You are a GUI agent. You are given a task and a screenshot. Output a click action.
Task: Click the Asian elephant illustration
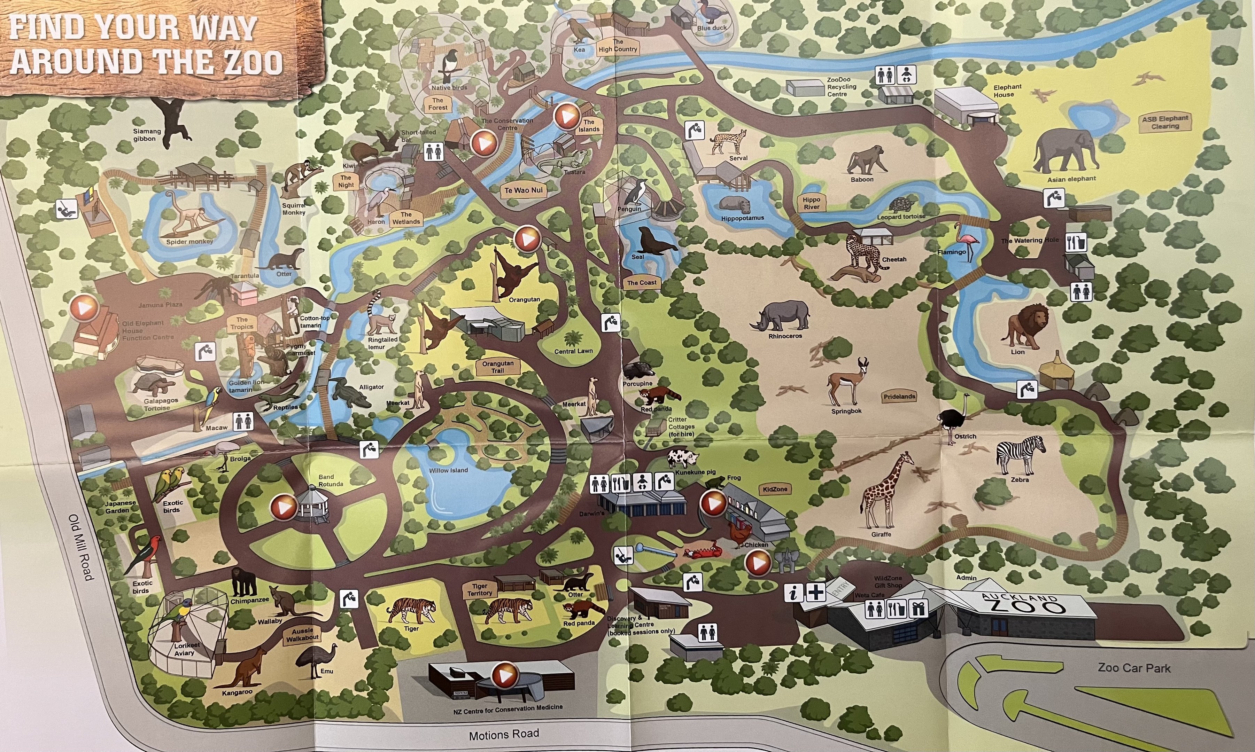(1064, 150)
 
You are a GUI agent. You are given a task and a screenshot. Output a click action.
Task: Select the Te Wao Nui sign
(524, 190)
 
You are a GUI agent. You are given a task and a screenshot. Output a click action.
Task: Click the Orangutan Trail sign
(498, 367)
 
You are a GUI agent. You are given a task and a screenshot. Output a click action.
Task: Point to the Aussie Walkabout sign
(303, 634)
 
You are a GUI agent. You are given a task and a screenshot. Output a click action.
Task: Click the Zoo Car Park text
(1134, 668)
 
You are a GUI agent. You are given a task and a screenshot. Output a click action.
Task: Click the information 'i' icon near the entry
(793, 592)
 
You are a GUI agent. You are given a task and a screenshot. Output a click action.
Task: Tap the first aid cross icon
(815, 592)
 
